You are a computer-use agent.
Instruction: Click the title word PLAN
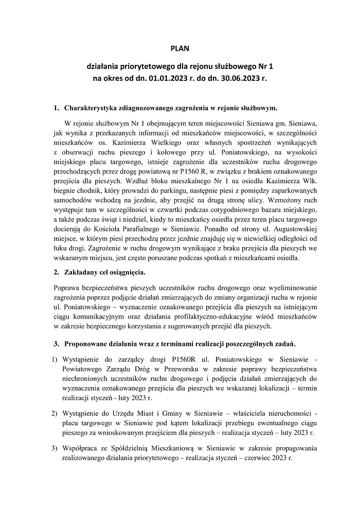180,49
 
